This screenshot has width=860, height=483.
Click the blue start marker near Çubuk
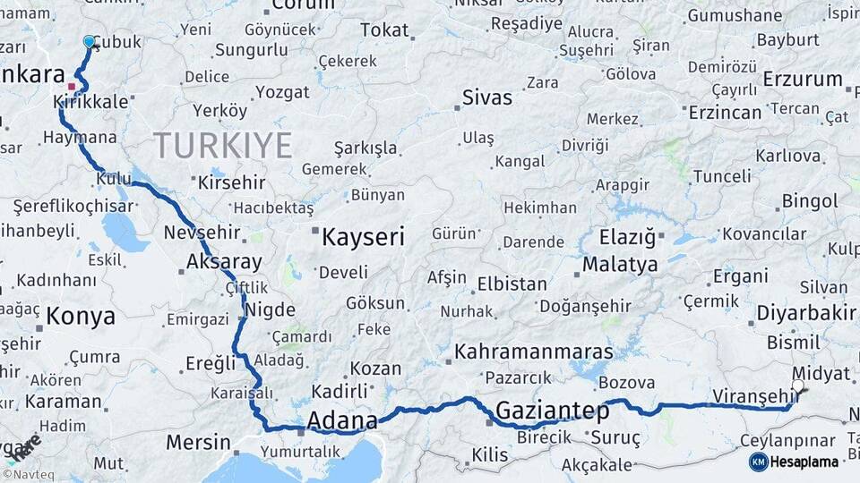(89, 42)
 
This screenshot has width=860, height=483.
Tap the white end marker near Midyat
(797, 386)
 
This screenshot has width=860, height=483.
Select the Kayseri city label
(363, 237)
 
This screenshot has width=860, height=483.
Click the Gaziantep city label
(552, 411)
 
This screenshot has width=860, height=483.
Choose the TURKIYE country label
(223, 145)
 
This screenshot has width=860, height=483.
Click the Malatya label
(620, 265)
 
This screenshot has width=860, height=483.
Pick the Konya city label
(81, 316)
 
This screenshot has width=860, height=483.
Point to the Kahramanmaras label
(534, 352)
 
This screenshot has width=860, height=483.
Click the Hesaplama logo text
(804, 462)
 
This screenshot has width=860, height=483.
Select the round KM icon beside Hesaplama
(759, 462)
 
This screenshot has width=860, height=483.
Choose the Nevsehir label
(202, 233)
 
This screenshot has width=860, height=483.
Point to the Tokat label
(384, 30)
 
